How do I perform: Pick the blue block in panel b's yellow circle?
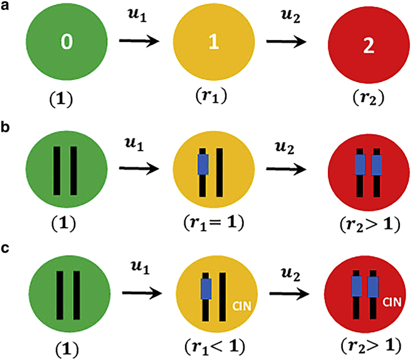click(202, 164)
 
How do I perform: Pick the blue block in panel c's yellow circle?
click(204, 289)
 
